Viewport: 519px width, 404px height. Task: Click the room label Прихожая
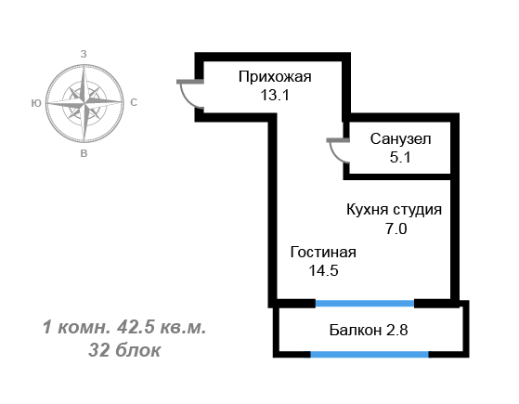275,77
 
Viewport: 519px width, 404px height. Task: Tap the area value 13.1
275,96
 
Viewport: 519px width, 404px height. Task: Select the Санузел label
400,139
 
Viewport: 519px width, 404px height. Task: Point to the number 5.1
400,157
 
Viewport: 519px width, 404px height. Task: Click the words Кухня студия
394,210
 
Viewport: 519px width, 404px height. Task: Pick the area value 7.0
396,228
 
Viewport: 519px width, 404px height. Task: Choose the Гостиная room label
323,253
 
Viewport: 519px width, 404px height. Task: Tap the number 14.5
323,270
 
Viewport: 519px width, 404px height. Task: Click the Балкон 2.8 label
369,330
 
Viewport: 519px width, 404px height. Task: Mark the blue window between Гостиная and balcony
365,304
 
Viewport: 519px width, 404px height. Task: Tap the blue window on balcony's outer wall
370,355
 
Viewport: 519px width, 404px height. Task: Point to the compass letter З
84,54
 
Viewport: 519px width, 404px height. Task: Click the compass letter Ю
36,103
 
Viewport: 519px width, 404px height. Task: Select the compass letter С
134,103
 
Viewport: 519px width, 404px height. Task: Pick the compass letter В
84,153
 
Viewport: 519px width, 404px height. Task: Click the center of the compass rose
84,103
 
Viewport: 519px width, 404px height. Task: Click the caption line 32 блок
124,350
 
